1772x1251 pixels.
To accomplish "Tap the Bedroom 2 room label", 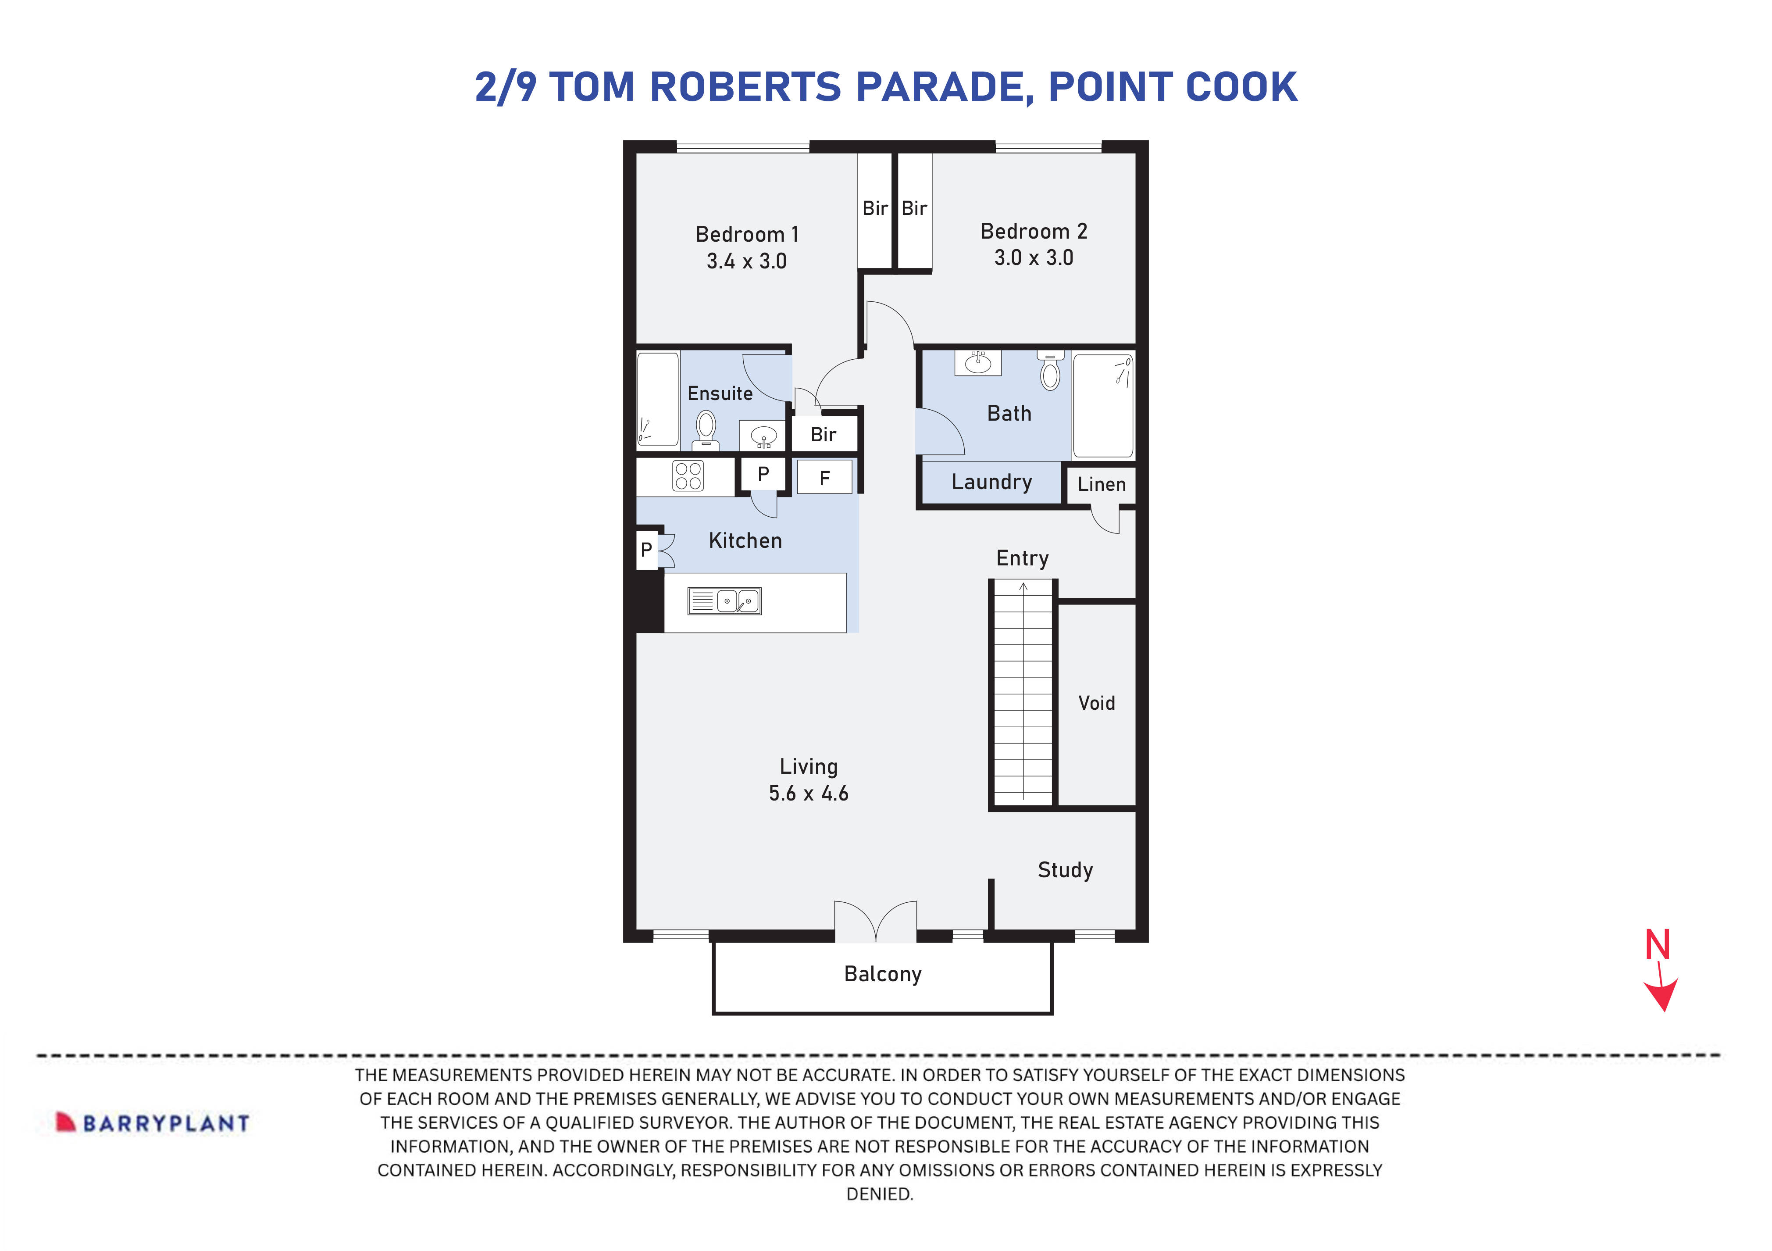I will point(1034,232).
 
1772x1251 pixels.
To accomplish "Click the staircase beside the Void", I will point(1023,695).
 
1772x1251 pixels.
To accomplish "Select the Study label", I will point(1065,870).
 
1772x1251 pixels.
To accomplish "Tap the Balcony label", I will point(882,975).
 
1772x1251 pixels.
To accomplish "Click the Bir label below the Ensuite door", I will point(823,435).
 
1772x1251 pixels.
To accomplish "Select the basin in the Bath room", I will point(978,361).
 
